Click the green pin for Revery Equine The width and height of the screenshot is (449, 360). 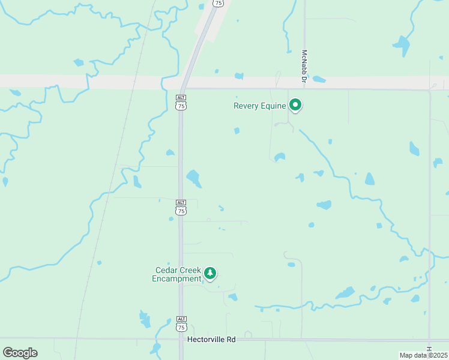[295, 105]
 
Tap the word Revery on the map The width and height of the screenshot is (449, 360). [246, 106]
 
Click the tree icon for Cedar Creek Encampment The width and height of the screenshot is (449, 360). [210, 274]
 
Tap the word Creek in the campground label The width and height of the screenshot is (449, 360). [190, 270]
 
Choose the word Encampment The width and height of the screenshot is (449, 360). [176, 278]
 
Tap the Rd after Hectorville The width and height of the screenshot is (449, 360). [231, 340]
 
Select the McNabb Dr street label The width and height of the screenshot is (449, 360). [305, 66]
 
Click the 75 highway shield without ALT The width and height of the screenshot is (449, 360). [218, 3]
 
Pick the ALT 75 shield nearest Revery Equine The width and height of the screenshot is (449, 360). [181, 102]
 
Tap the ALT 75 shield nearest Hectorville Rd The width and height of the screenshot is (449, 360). [181, 323]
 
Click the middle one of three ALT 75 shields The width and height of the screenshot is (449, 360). [181, 207]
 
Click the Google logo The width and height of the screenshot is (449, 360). [20, 352]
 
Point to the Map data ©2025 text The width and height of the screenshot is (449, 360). [423, 355]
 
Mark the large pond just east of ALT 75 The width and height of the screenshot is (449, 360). [193, 178]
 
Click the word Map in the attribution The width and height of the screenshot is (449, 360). [406, 355]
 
